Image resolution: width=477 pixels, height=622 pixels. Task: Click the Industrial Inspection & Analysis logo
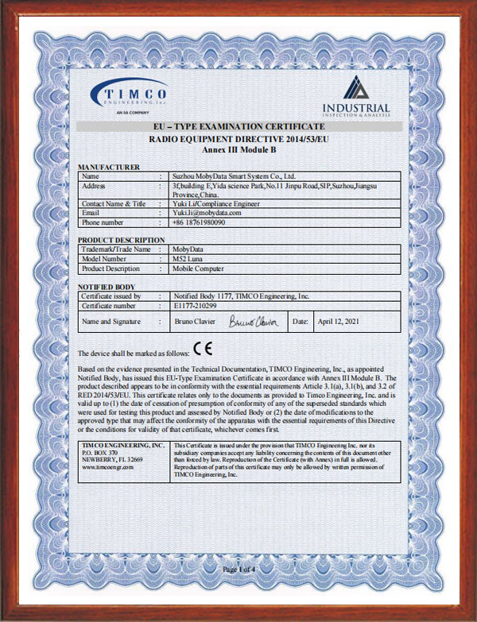[x=356, y=98]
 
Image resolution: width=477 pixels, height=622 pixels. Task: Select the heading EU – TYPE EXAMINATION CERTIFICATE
[x=238, y=127]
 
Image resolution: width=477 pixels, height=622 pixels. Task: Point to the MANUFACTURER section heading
[x=109, y=167]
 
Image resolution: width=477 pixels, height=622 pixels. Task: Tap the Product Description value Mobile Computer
[x=200, y=269]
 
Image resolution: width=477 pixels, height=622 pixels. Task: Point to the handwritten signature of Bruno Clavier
[x=251, y=322]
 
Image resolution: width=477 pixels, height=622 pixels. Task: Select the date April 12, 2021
[x=339, y=322]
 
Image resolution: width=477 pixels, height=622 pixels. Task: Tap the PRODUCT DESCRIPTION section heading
[x=121, y=240]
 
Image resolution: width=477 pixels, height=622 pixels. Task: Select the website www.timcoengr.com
[x=107, y=468]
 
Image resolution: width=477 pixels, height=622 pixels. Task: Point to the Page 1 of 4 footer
[x=238, y=570]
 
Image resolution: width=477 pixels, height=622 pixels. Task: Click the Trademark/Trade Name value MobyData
[x=188, y=249]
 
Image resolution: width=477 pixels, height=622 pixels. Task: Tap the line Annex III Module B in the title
[x=238, y=148]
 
